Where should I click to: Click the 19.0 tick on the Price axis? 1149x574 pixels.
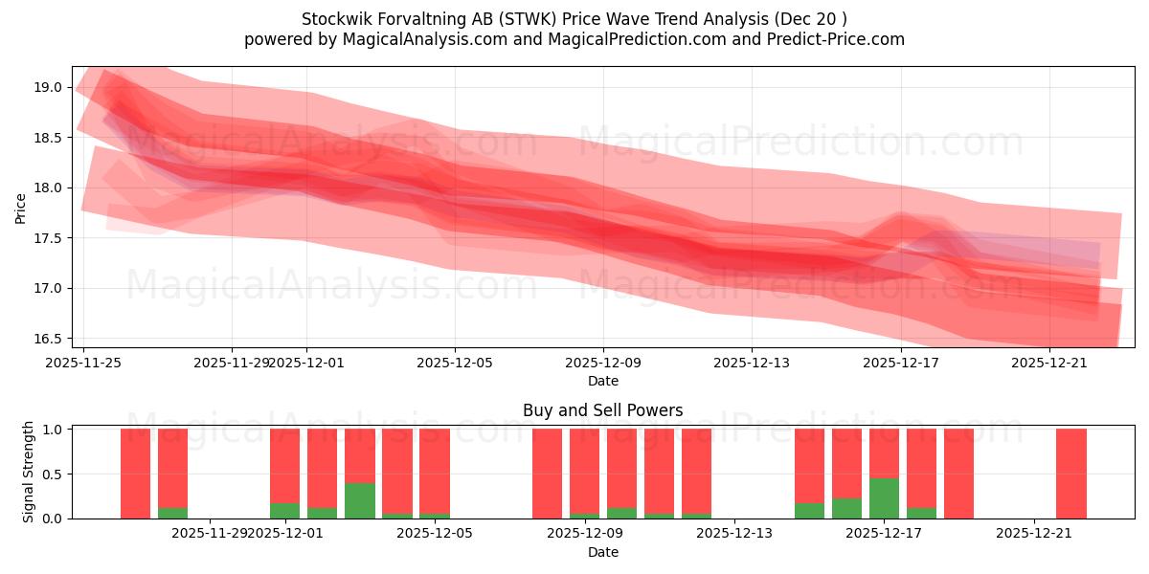tap(48, 87)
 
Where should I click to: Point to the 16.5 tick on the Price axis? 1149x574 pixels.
tap(48, 339)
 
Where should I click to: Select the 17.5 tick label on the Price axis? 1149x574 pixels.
tap(48, 238)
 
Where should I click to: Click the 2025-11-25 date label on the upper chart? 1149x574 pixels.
tap(83, 363)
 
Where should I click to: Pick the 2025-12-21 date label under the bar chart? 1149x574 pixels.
tap(1035, 534)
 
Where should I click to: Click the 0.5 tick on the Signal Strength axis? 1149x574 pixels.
tap(52, 474)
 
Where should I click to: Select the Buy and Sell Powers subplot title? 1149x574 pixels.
tap(602, 410)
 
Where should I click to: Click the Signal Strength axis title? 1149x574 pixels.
tap(29, 472)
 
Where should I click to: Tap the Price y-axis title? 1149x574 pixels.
tap(21, 208)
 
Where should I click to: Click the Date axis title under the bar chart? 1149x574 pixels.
tap(602, 552)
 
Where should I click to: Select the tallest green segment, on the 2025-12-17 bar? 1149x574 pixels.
tap(884, 498)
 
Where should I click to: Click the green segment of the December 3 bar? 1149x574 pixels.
tap(360, 500)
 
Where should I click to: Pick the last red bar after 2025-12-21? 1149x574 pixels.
tap(1070, 474)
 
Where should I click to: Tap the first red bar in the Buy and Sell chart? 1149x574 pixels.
tap(136, 474)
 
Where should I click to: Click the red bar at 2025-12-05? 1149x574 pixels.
tap(435, 471)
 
